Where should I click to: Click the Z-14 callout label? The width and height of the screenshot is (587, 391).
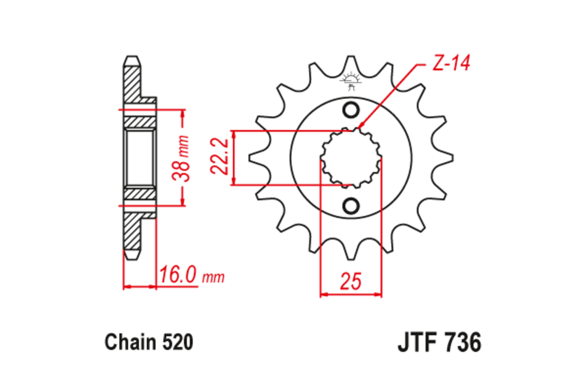[x=451, y=64]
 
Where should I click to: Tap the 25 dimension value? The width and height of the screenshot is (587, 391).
[x=350, y=282]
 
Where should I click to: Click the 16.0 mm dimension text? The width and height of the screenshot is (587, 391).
[x=191, y=277]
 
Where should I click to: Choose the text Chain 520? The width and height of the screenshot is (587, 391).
[x=149, y=343]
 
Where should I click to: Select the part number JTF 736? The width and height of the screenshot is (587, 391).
[x=439, y=343]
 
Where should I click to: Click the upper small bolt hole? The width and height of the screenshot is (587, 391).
[x=350, y=110]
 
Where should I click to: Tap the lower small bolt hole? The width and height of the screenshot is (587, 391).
[x=350, y=205]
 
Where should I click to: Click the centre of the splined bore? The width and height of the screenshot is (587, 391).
[x=350, y=158]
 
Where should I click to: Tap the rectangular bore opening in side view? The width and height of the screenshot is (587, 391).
[x=140, y=158]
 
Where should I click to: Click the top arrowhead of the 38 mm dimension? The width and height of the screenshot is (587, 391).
[x=183, y=112]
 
